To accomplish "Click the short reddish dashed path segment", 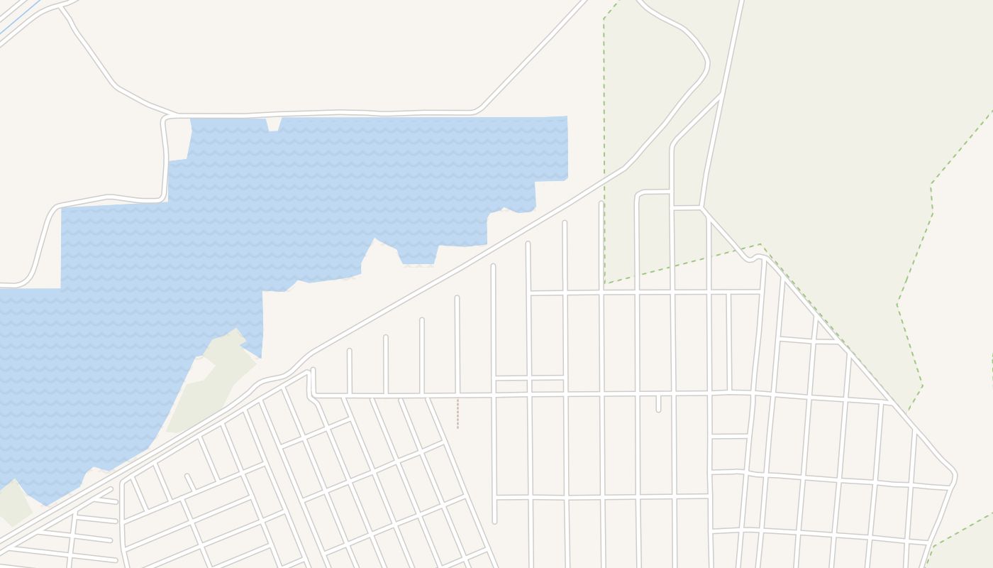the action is [x=457, y=414].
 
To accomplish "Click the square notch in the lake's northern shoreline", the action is [x=274, y=124].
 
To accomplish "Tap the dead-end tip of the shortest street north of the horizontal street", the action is [x=349, y=351].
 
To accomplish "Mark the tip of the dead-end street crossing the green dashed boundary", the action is [x=601, y=204].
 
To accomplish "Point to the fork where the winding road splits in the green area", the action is [x=721, y=94].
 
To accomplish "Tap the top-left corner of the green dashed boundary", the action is [x=604, y=18].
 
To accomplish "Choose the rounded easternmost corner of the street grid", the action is [x=954, y=474].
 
